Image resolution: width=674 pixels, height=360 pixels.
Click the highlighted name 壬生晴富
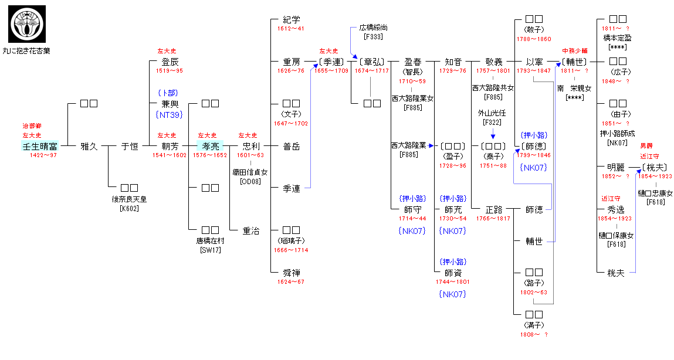pyautogui.click(x=39, y=146)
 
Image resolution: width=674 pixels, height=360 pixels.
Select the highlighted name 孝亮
pyautogui.click(x=210, y=146)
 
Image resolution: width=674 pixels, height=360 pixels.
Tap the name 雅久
pyautogui.click(x=89, y=146)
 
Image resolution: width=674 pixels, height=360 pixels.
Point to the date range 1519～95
pyautogui.click(x=169, y=71)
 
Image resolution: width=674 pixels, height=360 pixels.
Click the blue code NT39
pyautogui.click(x=169, y=115)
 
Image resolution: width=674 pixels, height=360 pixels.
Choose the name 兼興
pyautogui.click(x=170, y=104)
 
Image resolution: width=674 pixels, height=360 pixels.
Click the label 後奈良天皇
pyautogui.click(x=129, y=199)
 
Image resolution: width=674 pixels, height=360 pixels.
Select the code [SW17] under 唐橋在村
pyautogui.click(x=210, y=250)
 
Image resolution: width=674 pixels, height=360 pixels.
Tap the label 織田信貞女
pyautogui.click(x=250, y=172)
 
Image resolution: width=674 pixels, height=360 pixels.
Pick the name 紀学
pyautogui.click(x=291, y=19)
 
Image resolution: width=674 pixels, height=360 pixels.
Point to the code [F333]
pyautogui.click(x=373, y=36)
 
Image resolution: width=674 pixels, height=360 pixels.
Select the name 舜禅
pyautogui.click(x=291, y=273)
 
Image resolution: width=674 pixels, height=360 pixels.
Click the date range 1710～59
pyautogui.click(x=412, y=81)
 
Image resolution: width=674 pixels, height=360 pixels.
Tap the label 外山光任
pyautogui.click(x=492, y=113)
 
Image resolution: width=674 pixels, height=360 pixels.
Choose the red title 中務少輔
pyautogui.click(x=574, y=51)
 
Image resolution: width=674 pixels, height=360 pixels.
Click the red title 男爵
pyautogui.click(x=646, y=145)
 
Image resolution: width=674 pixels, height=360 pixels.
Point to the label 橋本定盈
pyautogui.click(x=617, y=38)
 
